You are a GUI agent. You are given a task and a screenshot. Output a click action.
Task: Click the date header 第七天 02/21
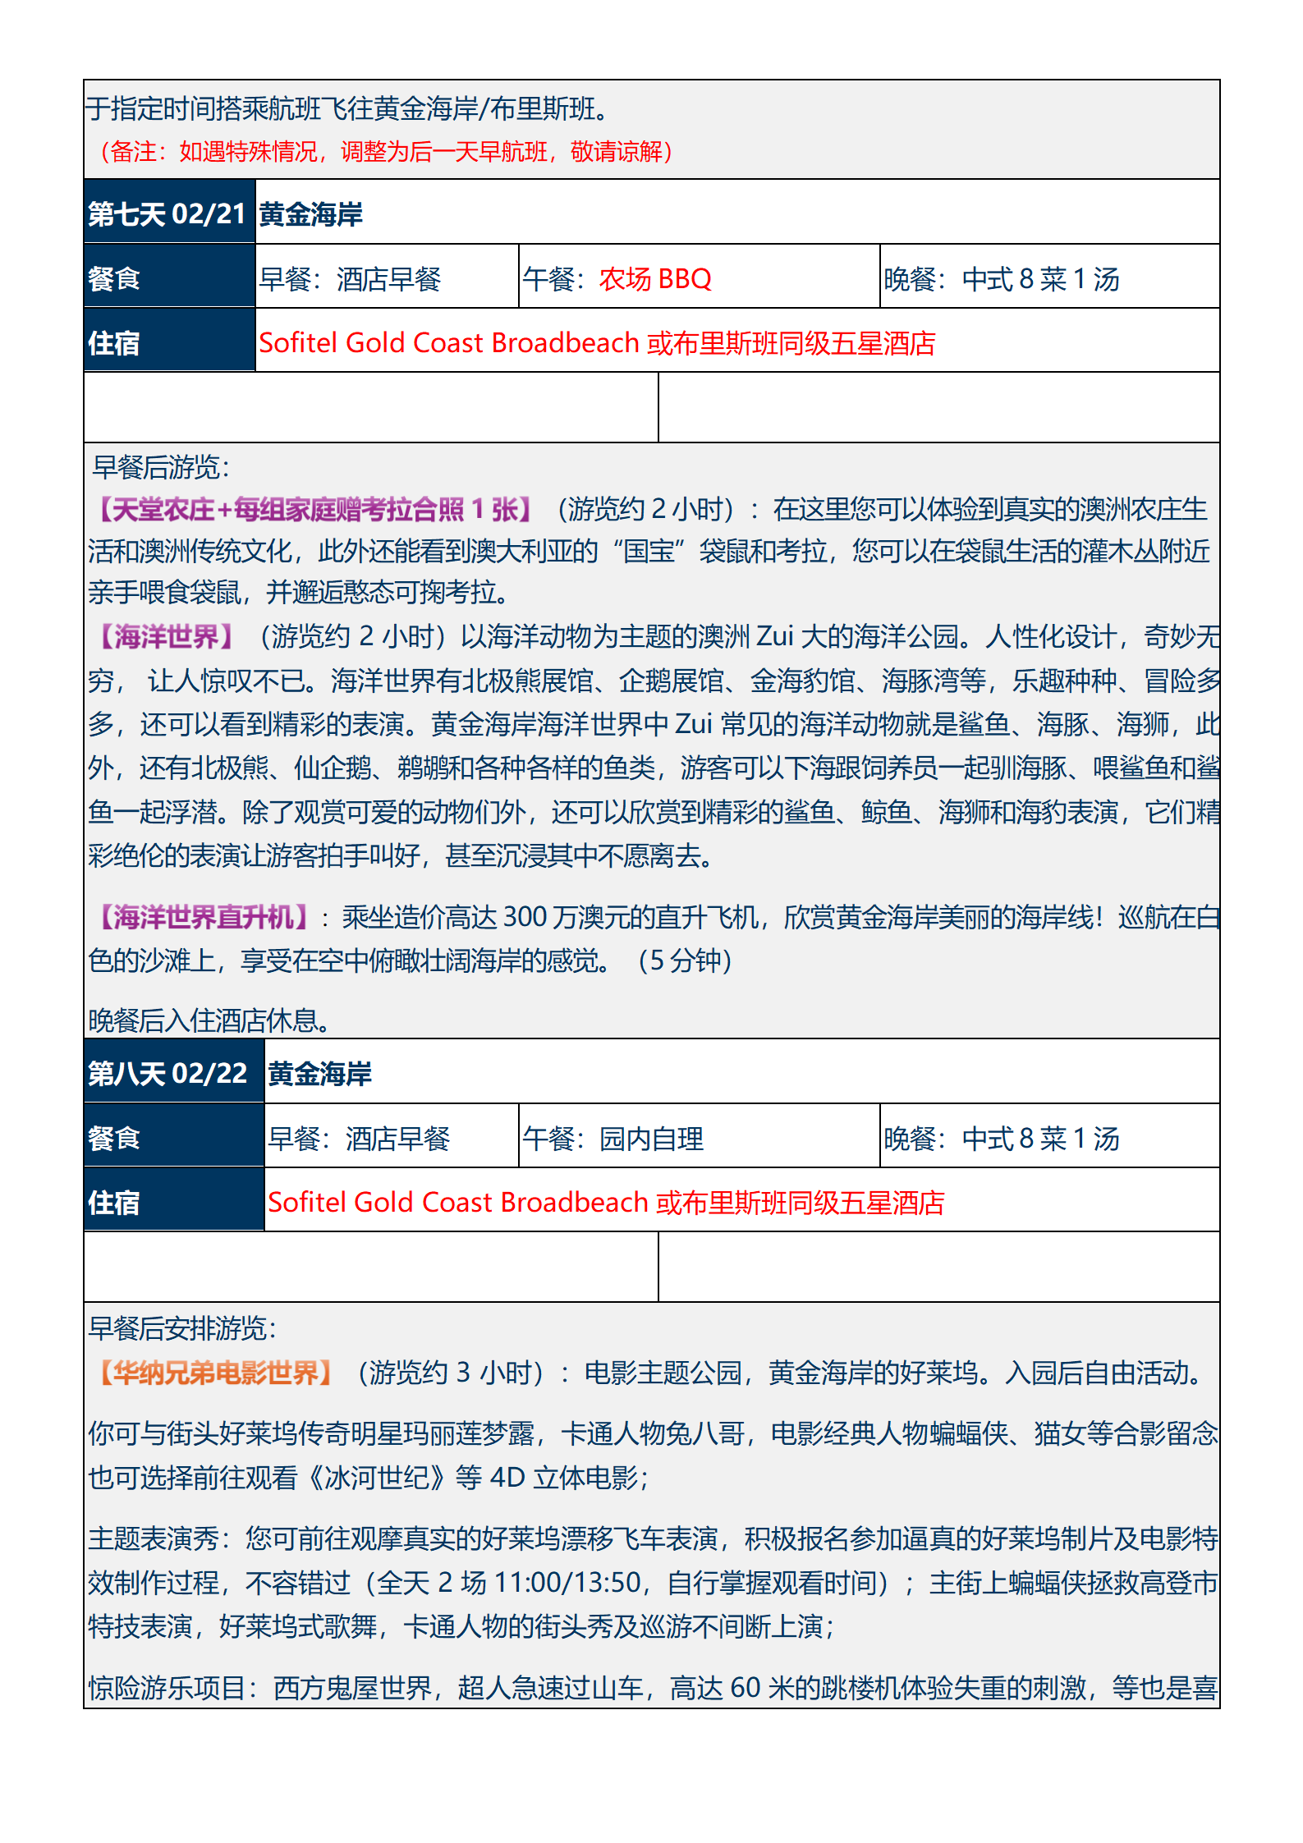point(167,214)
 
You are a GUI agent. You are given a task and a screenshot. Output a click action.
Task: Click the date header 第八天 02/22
point(168,1074)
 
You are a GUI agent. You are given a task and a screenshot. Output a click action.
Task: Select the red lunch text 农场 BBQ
point(655,279)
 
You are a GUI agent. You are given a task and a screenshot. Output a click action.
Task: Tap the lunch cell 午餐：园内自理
point(613,1139)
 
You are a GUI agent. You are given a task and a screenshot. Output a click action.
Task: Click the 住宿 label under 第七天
point(114,343)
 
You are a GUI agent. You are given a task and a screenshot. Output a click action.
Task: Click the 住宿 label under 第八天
point(114,1203)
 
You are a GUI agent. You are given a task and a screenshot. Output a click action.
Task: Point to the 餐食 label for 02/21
point(114,279)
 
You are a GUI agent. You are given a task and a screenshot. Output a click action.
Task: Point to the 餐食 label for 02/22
point(114,1139)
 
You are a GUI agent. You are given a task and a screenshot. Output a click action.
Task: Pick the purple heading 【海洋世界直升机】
point(203,917)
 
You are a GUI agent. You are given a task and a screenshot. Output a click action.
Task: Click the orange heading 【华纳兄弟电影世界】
point(215,1373)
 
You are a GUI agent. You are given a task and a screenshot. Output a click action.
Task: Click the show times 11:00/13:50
point(568,1582)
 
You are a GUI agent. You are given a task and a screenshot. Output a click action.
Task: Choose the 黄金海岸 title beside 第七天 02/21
point(311,214)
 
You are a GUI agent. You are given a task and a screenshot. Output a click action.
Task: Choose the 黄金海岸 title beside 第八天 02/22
point(320,1074)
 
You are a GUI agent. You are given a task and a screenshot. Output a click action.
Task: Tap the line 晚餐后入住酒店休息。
point(210,1020)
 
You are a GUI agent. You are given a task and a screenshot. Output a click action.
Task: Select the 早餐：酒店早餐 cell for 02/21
point(351,279)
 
